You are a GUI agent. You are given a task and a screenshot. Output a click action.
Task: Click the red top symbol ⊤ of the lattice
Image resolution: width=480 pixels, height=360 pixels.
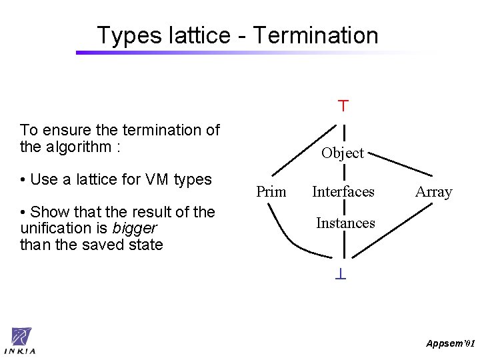[343, 105]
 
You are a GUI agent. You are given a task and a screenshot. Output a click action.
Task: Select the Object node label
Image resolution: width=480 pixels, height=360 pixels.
[342, 153]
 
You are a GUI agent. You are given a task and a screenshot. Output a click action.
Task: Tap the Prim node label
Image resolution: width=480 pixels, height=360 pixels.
[271, 192]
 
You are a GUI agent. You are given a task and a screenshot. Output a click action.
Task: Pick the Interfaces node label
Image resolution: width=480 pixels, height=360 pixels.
[343, 192]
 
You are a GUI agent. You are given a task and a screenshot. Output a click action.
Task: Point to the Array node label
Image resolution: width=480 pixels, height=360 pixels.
[433, 192]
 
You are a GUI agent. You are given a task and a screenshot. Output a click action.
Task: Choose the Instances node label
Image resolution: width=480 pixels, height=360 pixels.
[345, 223]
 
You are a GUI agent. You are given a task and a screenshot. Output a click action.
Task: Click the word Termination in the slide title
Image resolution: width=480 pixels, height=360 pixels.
[315, 35]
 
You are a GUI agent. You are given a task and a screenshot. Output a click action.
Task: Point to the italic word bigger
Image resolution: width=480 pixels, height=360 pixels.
[135, 229]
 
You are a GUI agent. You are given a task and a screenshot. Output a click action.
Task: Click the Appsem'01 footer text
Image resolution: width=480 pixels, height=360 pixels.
[450, 344]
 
